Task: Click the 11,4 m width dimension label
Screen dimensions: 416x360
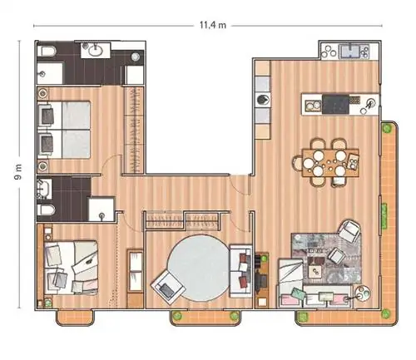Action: (213, 25)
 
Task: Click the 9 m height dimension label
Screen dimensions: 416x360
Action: (17, 172)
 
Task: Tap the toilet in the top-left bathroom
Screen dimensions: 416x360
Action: (47, 51)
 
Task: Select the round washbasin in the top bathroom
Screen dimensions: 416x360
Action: (96, 51)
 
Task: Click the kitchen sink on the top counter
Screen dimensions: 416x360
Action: (349, 52)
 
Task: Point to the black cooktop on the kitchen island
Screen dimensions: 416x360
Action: (335, 105)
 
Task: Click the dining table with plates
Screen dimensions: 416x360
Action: (330, 163)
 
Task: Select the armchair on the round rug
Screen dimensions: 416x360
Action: (168, 287)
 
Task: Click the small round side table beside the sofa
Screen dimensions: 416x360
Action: (363, 293)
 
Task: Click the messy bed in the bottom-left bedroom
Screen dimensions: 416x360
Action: (71, 267)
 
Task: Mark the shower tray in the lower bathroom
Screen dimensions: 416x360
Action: (102, 209)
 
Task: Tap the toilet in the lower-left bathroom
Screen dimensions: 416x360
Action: (46, 210)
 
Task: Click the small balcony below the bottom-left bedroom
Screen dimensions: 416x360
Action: (76, 318)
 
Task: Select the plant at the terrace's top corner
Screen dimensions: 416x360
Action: (386, 128)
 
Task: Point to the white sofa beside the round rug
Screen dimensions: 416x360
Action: (241, 271)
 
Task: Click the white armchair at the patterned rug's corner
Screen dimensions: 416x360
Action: (349, 230)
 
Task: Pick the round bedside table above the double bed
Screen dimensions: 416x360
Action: (42, 93)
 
